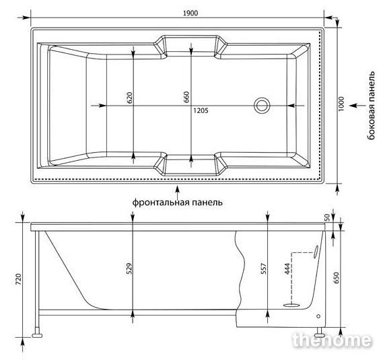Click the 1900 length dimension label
coord(190,13)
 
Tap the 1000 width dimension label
coord(341,104)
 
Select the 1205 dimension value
coord(201,110)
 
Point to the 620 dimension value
coord(130,98)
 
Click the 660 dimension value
coord(186,97)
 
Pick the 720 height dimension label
coord(19,279)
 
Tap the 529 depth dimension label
coord(130,268)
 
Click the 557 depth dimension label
coord(264,268)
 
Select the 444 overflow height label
coord(287,268)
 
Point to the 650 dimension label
coord(337,278)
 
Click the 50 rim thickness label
coord(328,217)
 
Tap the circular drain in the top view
coord(262,106)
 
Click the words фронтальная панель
coord(178,203)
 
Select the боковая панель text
coord(371,106)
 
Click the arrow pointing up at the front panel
coord(178,192)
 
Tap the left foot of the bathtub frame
coord(37,335)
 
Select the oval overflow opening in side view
coord(316,252)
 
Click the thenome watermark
coord(332,340)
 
